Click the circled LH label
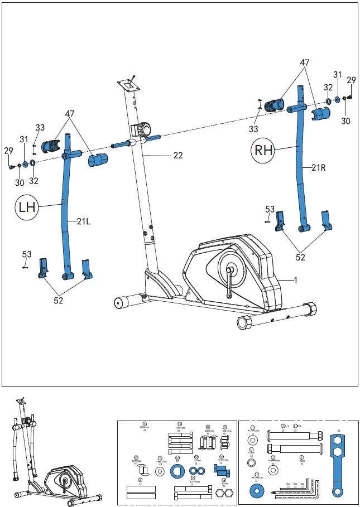click(26, 207)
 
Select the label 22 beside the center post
click(177, 156)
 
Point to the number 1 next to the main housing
click(296, 281)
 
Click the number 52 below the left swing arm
click(58, 301)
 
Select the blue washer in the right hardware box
click(258, 491)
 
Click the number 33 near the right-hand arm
click(254, 129)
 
